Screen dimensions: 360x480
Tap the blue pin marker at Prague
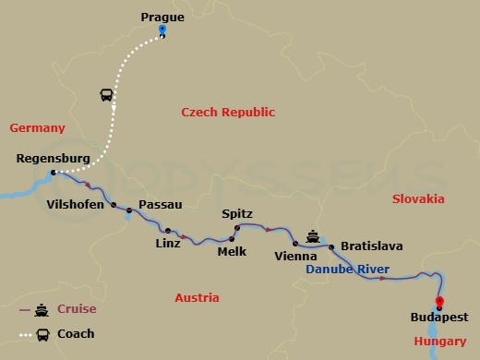[162, 30]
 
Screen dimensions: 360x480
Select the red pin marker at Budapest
[438, 301]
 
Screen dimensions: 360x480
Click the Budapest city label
[438, 318]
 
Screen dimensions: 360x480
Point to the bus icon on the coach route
[107, 94]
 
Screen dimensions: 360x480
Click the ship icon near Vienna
[314, 234]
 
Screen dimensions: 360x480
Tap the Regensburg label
[54, 159]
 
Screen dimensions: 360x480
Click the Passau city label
[160, 205]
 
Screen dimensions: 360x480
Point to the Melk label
[232, 251]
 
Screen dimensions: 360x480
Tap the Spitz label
[237, 214]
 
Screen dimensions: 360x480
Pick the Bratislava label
[372, 246]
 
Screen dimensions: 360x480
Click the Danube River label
[346, 270]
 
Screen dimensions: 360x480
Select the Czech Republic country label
[228, 113]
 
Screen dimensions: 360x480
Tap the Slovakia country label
[418, 199]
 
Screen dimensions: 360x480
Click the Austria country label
[197, 298]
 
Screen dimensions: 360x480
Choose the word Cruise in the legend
[77, 309]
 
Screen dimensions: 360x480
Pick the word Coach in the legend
[76, 333]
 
